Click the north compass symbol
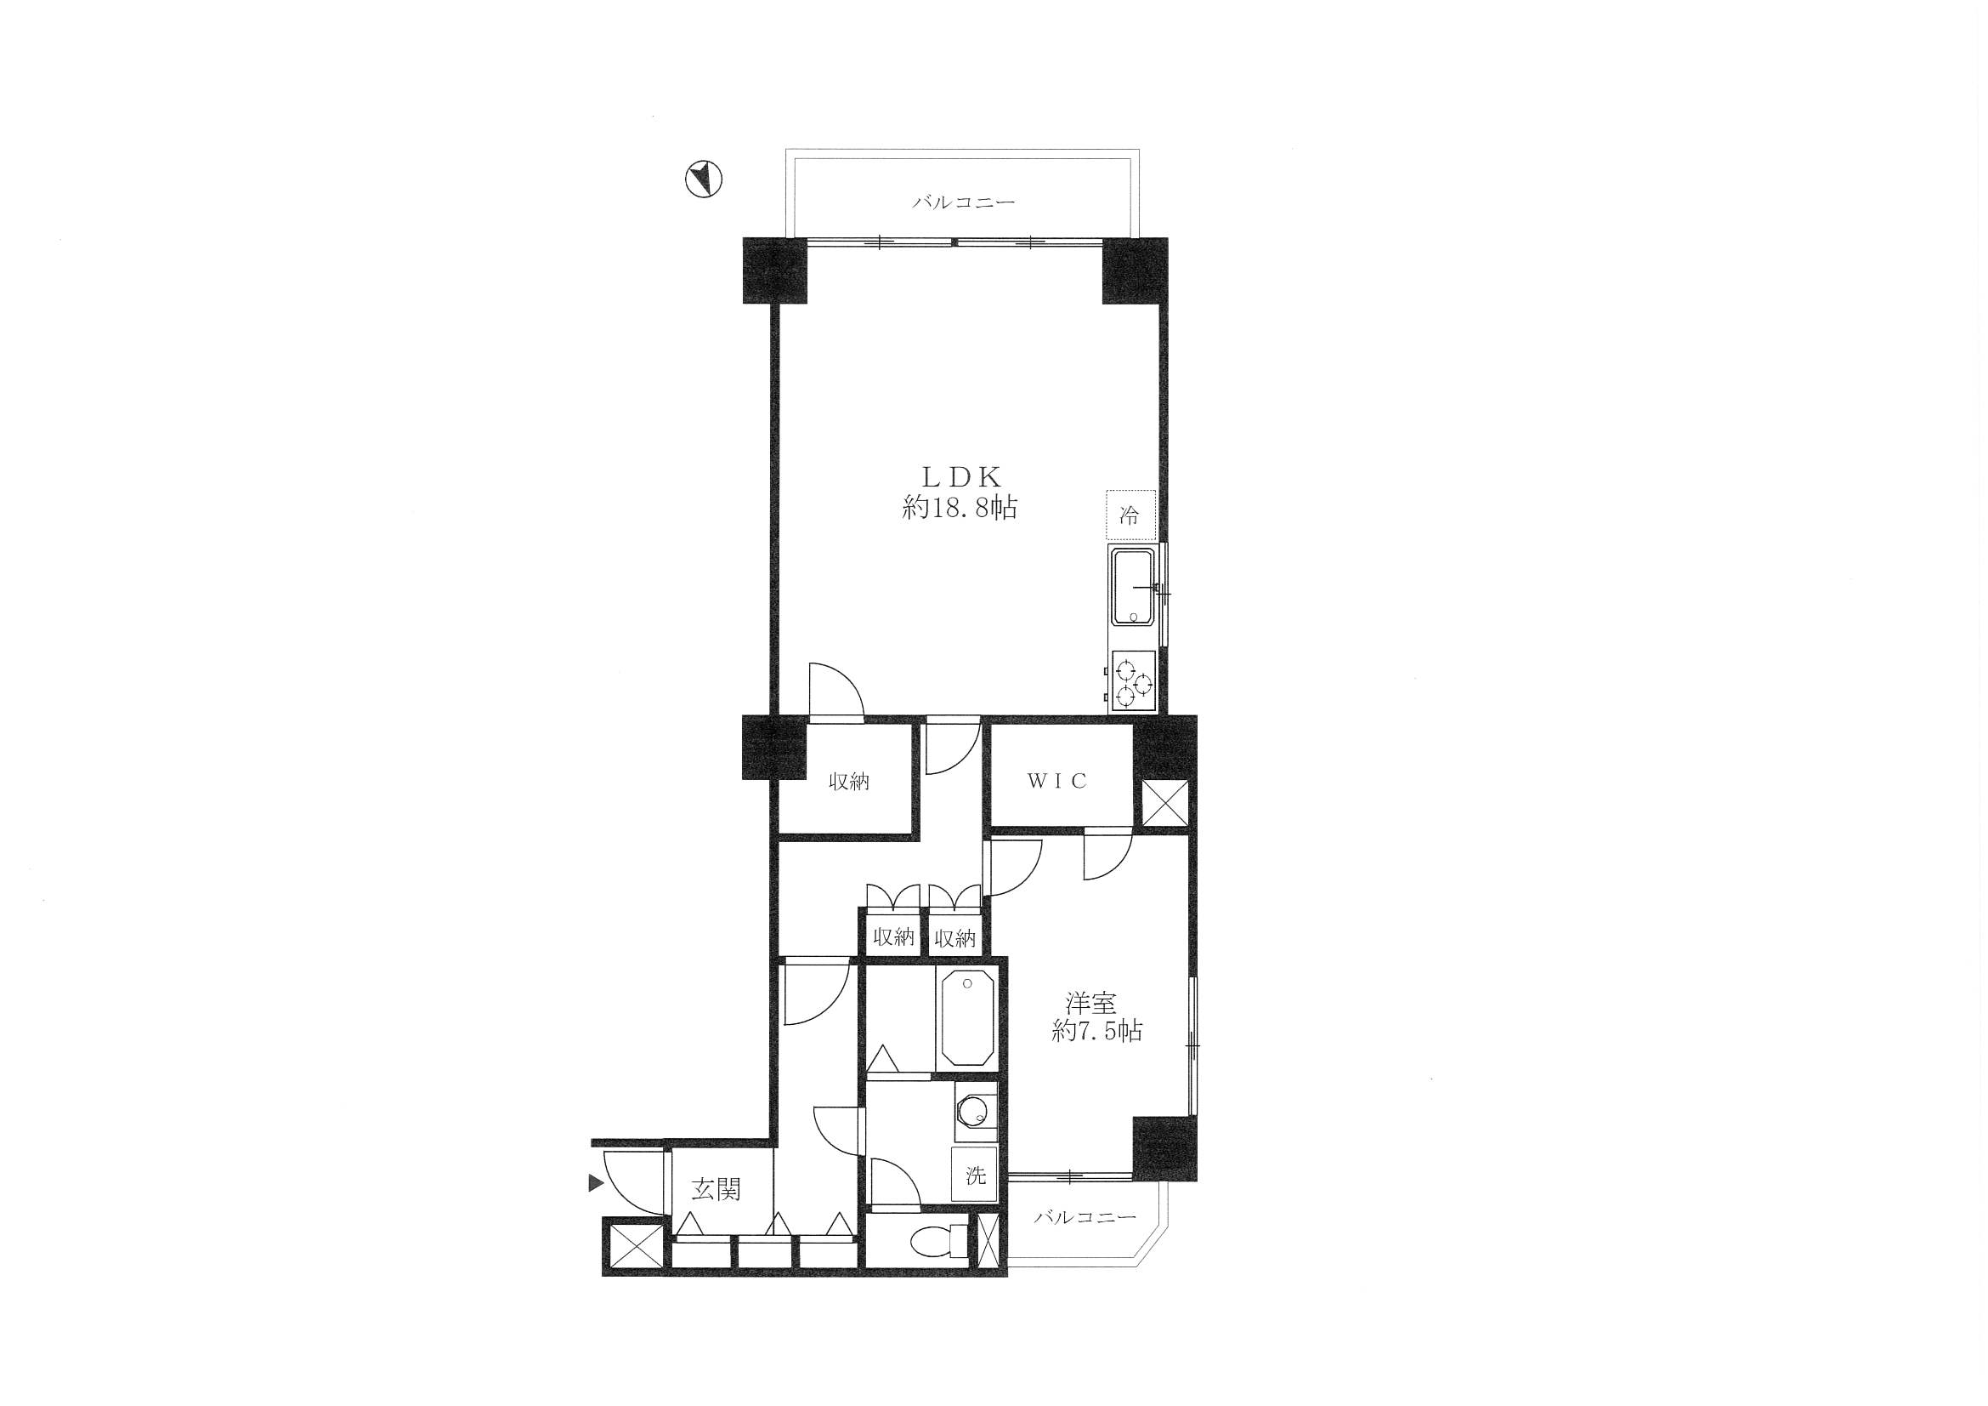coord(703,179)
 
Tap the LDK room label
coord(960,476)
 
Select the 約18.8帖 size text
coord(960,509)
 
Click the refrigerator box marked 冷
coord(1130,516)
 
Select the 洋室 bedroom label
coord(1091,1003)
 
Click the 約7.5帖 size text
coord(1097,1031)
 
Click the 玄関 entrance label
coord(716,1190)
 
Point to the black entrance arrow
coord(596,1182)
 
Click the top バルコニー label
coord(963,202)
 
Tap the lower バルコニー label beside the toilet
coord(1085,1218)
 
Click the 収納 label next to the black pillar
coord(848,783)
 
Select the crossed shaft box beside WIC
coord(1164,805)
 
